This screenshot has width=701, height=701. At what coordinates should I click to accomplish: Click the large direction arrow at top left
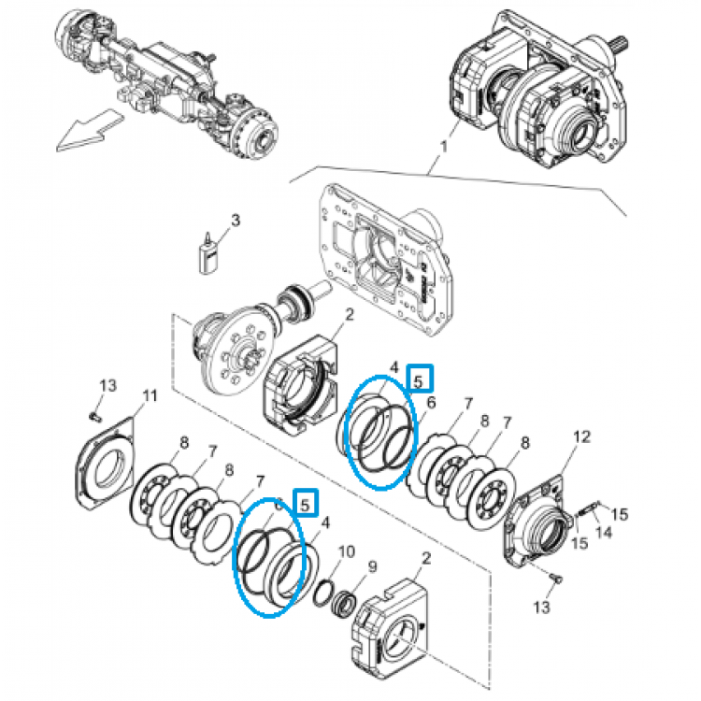(90, 130)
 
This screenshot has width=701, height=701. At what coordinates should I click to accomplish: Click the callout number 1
(443, 147)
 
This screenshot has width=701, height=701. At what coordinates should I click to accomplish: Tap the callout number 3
(236, 220)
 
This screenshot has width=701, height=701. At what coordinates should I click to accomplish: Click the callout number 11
(150, 396)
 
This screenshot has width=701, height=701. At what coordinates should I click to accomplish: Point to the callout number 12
(581, 436)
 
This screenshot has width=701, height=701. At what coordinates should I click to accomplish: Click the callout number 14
(604, 533)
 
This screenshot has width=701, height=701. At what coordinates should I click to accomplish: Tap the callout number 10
(347, 551)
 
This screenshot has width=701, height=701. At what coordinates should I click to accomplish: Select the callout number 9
(372, 567)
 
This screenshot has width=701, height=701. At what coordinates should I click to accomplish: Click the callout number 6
(431, 402)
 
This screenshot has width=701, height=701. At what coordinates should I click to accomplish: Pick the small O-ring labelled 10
(322, 594)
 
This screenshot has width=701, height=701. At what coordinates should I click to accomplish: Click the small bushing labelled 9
(345, 604)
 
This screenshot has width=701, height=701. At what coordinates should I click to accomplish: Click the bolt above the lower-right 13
(556, 579)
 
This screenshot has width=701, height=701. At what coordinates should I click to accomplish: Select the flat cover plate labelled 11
(105, 464)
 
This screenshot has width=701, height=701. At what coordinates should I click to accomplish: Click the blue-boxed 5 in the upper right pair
(419, 379)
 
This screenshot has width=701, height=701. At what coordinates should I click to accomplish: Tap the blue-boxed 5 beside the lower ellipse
(306, 503)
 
